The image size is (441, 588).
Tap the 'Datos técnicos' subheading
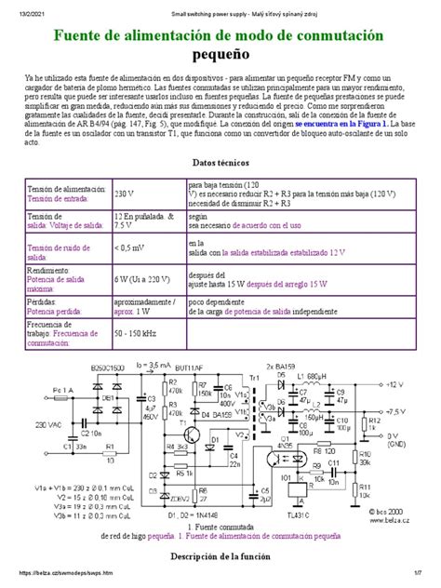coord(220,162)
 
